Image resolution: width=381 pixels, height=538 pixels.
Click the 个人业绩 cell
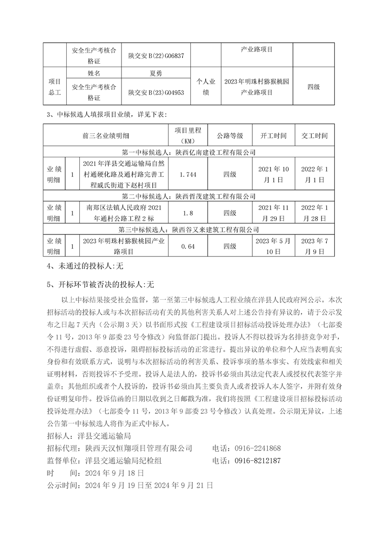[x=206, y=86]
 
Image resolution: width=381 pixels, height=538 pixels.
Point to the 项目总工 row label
[x=54, y=86]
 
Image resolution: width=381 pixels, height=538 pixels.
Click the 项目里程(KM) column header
[x=187, y=136]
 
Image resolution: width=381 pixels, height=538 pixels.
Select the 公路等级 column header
[x=230, y=136]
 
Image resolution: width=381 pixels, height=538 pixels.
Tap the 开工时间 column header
[x=273, y=136]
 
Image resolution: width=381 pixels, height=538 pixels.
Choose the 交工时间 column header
[x=314, y=136]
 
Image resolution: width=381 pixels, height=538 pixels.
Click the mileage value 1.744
[x=187, y=175]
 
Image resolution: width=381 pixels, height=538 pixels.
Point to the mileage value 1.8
[x=187, y=212]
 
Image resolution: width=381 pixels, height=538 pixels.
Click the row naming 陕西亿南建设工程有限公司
[x=189, y=152]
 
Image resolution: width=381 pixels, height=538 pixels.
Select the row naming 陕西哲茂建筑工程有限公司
[x=189, y=196]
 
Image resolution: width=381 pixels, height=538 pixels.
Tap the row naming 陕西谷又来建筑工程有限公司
[x=189, y=230]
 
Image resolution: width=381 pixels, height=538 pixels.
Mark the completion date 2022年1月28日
[x=314, y=212]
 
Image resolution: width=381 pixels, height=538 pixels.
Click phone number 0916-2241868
[x=258, y=448]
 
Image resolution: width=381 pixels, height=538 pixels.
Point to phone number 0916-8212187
[x=258, y=460]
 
